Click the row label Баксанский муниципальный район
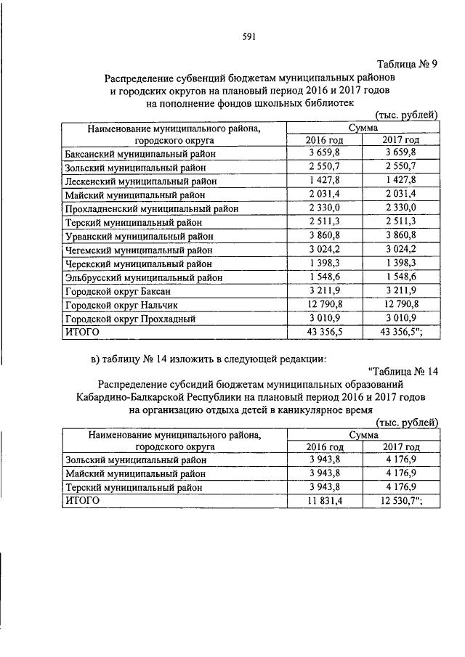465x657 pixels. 140,154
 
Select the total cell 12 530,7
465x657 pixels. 402,500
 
